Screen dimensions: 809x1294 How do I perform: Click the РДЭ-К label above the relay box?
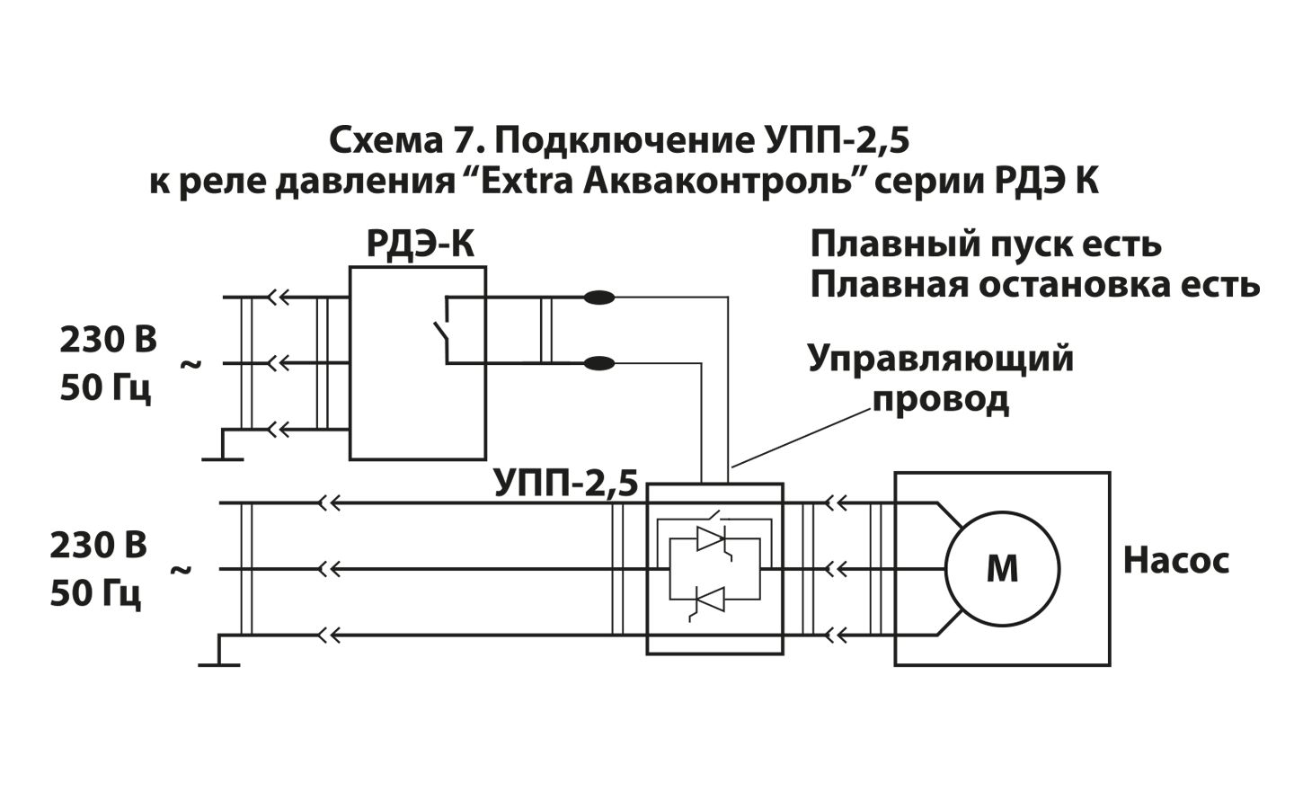(420, 244)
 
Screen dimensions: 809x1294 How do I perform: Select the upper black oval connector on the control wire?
(598, 298)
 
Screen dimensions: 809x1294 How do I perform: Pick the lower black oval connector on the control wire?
(598, 363)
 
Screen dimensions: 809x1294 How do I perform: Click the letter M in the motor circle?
(1002, 569)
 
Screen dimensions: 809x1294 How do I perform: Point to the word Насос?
(1175, 561)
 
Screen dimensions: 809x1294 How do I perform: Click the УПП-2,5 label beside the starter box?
(565, 484)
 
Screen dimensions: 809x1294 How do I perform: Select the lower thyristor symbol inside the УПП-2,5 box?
(711, 598)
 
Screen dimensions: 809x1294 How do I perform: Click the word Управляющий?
(940, 358)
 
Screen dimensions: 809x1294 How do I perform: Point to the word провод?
(940, 398)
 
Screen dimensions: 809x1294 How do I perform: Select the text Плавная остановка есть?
(1034, 285)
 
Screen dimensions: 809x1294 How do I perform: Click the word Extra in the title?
(529, 182)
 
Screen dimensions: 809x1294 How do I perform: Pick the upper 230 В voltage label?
(108, 341)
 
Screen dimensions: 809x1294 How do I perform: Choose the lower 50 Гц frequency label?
(95, 593)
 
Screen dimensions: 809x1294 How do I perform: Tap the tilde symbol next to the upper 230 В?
(191, 364)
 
